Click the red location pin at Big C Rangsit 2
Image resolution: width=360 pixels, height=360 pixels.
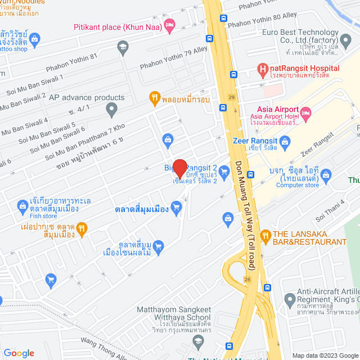pos(179,169)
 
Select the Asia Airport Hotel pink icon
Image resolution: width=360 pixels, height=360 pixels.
pos(306,114)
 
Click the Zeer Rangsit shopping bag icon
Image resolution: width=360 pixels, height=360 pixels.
pos(285,141)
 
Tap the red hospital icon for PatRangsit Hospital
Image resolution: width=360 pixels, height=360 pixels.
pos(262,68)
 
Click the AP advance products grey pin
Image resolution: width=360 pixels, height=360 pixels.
pos(112,108)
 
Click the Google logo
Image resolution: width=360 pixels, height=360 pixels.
pos(19,353)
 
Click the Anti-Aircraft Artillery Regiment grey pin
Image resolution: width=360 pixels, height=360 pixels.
pos(290,299)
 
